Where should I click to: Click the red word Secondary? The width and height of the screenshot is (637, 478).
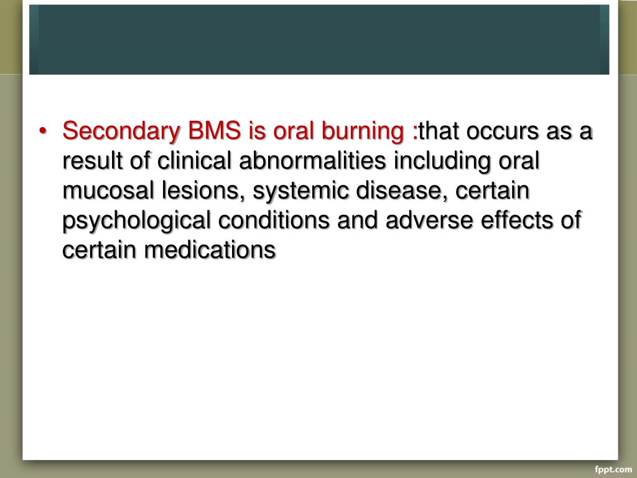coord(118,132)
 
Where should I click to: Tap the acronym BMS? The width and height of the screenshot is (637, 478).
coord(210,132)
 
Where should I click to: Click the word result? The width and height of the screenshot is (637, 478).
coord(91,162)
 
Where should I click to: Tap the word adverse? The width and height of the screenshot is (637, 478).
coord(412,220)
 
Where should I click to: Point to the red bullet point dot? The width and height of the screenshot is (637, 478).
coord(43,133)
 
